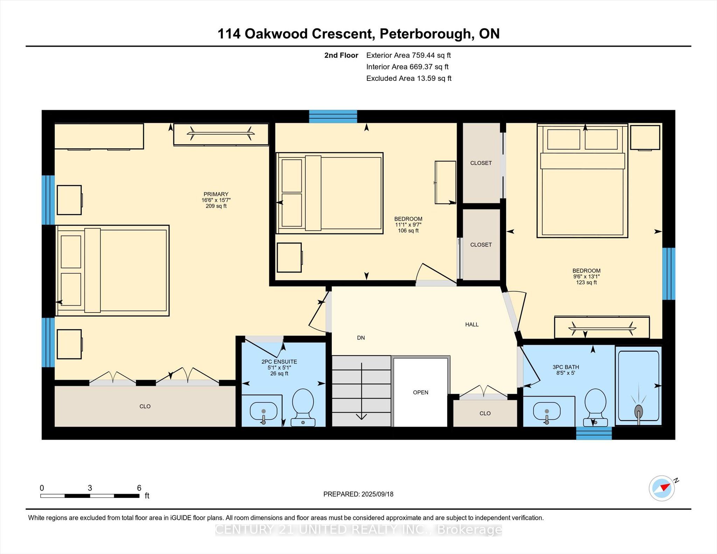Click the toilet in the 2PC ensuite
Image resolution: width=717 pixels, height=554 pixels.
point(303,407)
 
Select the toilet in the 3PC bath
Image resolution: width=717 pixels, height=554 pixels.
point(596,407)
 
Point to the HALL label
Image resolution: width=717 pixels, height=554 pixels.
point(472,324)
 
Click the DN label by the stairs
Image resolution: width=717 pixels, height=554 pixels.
point(361,338)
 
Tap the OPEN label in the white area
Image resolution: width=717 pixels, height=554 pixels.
point(420,392)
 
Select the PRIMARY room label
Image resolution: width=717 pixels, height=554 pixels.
point(216,194)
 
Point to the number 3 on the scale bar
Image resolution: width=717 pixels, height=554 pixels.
point(90,488)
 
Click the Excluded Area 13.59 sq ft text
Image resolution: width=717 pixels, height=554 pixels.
point(409,78)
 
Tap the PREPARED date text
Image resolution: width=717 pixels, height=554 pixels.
point(358,494)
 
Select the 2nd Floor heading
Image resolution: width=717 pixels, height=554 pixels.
point(341,55)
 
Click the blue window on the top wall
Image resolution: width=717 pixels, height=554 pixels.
point(333,117)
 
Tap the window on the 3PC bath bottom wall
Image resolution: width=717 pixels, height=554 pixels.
point(594,433)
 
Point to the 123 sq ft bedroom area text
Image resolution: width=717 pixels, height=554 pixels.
point(586,282)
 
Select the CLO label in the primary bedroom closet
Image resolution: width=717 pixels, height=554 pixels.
point(145,406)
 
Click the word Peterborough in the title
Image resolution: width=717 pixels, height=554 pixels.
point(425,34)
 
